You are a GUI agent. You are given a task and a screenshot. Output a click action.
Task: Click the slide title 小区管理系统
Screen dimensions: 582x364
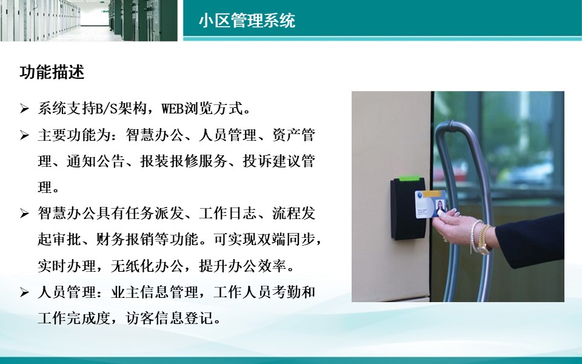point(247,21)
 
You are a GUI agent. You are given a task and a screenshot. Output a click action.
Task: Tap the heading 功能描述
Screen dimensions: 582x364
point(52,72)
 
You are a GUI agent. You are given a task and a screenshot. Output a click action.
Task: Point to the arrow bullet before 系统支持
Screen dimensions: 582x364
point(24,109)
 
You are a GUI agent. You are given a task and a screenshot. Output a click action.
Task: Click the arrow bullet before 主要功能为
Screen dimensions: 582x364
point(24,135)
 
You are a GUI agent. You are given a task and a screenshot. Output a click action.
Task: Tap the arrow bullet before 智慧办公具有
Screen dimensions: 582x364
point(24,214)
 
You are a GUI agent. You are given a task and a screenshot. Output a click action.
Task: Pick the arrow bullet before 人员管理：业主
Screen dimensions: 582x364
point(24,292)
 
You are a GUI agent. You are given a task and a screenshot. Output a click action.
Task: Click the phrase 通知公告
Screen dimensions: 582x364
point(95,161)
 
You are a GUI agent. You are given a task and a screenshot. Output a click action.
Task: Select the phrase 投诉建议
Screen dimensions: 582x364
point(272,161)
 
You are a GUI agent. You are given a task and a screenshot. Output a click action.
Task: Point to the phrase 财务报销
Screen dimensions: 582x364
point(125,240)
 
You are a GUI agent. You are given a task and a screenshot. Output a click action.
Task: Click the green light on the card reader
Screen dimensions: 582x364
point(409,178)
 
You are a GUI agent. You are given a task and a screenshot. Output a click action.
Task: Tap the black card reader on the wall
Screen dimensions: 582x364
point(408,208)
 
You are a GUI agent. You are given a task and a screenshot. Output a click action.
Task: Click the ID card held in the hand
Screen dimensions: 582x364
point(430,204)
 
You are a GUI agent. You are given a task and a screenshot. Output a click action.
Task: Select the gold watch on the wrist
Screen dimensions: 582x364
point(484,240)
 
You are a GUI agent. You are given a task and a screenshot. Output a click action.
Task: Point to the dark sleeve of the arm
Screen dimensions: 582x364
point(531,240)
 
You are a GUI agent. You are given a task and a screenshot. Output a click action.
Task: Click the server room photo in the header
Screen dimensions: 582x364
point(89,21)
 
